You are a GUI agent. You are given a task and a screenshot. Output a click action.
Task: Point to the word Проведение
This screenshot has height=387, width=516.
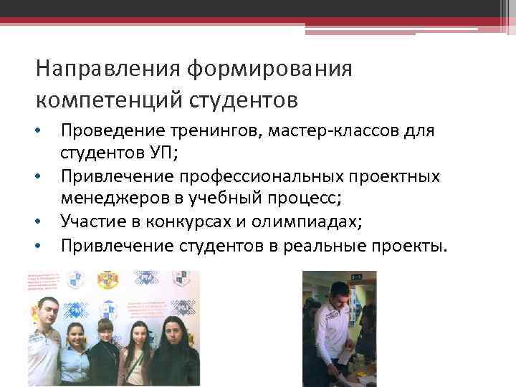(x=106, y=131)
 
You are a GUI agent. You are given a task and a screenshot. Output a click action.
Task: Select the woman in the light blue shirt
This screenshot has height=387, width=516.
(x=76, y=351)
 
